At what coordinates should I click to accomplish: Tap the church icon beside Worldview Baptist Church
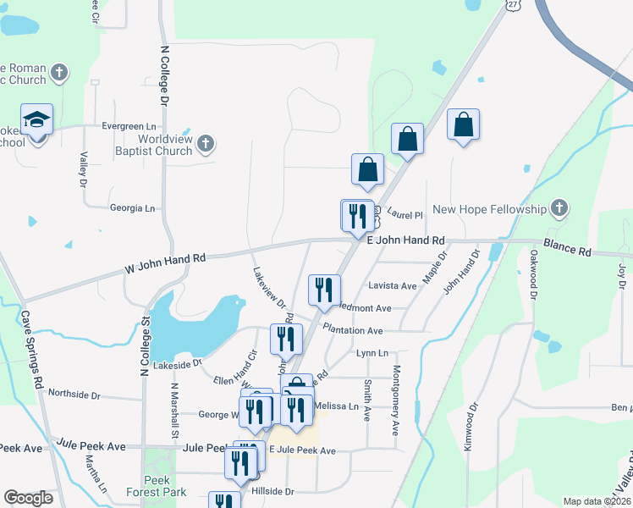[x=206, y=146]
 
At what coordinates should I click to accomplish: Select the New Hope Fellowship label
[x=490, y=209]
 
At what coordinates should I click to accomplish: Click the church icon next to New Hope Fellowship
[x=558, y=207]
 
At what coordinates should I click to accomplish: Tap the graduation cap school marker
[x=37, y=120]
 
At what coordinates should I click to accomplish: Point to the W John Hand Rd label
[x=165, y=262]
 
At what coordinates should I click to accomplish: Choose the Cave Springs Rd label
[x=32, y=349]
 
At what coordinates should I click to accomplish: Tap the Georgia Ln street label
[x=133, y=207]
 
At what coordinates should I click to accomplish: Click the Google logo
[x=29, y=498]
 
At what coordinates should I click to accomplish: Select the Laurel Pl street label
[x=405, y=215]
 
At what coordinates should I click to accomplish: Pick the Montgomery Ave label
[x=395, y=400]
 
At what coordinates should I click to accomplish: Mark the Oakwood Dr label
[x=534, y=274]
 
